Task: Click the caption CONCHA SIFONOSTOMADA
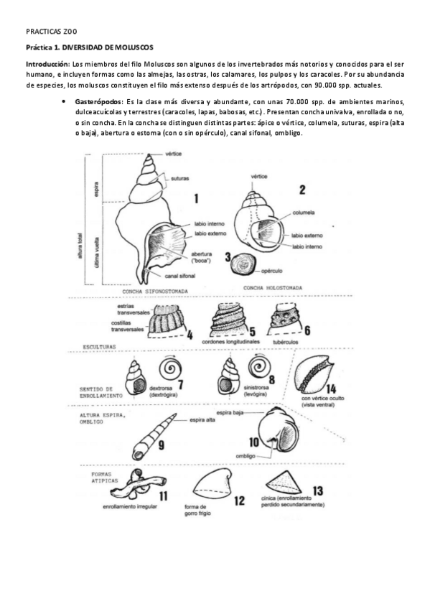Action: tap(156, 291)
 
